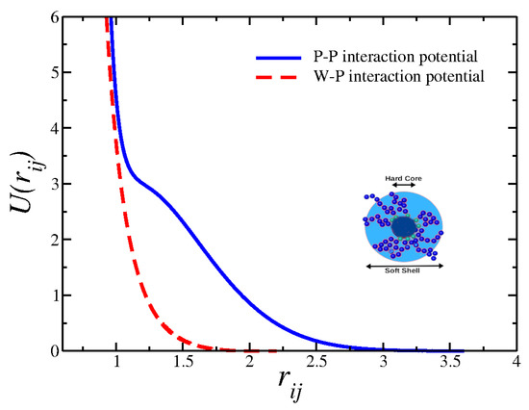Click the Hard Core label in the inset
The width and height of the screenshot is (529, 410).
coord(403,178)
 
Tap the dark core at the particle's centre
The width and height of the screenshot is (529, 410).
coord(404,227)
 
